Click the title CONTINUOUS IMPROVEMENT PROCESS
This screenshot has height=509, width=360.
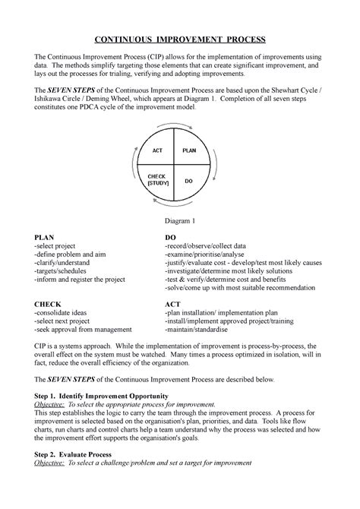(x=180, y=40)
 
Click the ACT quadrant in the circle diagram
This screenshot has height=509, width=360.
(x=157, y=151)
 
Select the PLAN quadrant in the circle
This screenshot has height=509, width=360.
(x=190, y=151)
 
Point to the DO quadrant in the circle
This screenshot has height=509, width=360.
(x=190, y=182)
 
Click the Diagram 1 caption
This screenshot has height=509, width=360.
(x=180, y=220)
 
